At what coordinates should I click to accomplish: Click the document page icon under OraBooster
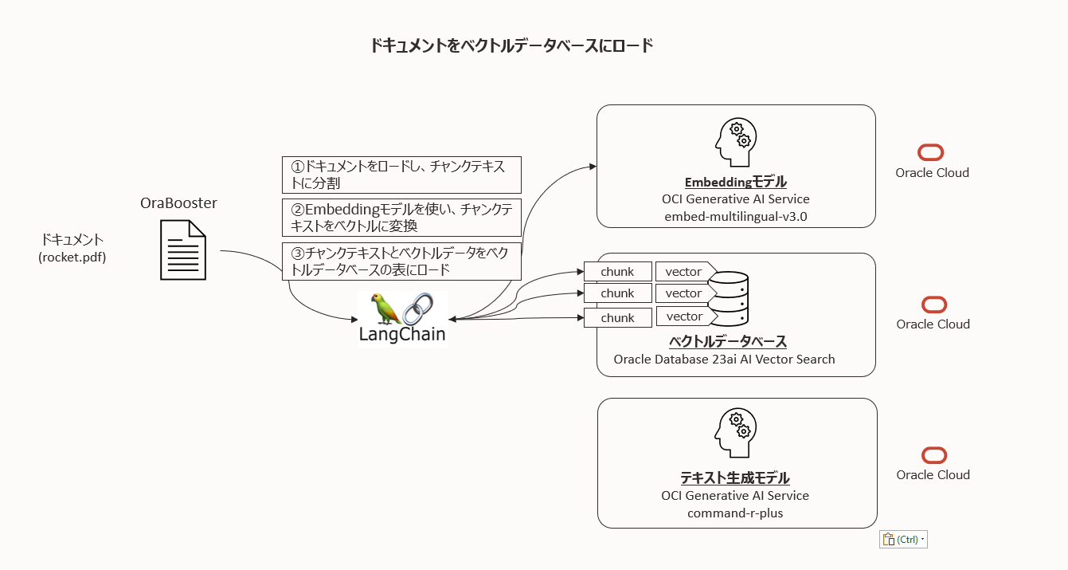click(183, 250)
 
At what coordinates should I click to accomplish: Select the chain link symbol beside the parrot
click(418, 309)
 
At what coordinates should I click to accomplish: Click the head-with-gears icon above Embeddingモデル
click(734, 143)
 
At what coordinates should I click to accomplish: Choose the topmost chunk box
click(617, 272)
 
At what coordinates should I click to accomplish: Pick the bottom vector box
click(684, 317)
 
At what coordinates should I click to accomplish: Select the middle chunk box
click(617, 293)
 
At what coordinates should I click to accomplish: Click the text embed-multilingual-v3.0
click(735, 217)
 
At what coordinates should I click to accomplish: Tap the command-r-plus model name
click(735, 513)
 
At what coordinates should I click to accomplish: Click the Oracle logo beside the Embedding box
click(931, 153)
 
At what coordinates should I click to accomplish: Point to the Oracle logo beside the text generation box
click(933, 455)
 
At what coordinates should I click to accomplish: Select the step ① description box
click(401, 175)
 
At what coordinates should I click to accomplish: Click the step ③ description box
click(401, 261)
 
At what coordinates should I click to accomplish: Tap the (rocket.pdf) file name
click(72, 257)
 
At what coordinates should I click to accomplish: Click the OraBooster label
click(178, 203)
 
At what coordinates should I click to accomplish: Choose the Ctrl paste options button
click(903, 540)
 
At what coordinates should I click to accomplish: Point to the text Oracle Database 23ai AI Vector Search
click(724, 360)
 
